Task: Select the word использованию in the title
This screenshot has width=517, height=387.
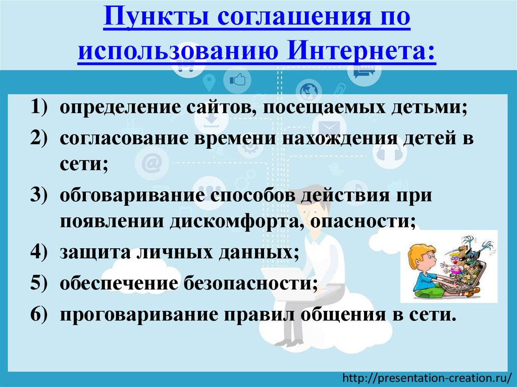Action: [x=181, y=51]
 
